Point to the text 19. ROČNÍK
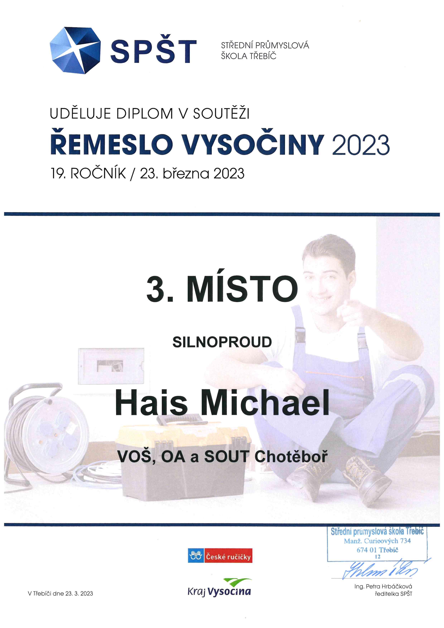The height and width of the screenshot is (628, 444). tap(88, 173)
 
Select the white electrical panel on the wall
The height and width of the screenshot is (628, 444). tap(111, 366)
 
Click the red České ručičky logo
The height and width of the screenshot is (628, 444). tap(220, 555)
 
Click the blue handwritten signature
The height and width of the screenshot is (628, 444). tap(381, 570)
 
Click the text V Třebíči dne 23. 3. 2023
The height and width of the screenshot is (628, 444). tap(60, 594)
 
